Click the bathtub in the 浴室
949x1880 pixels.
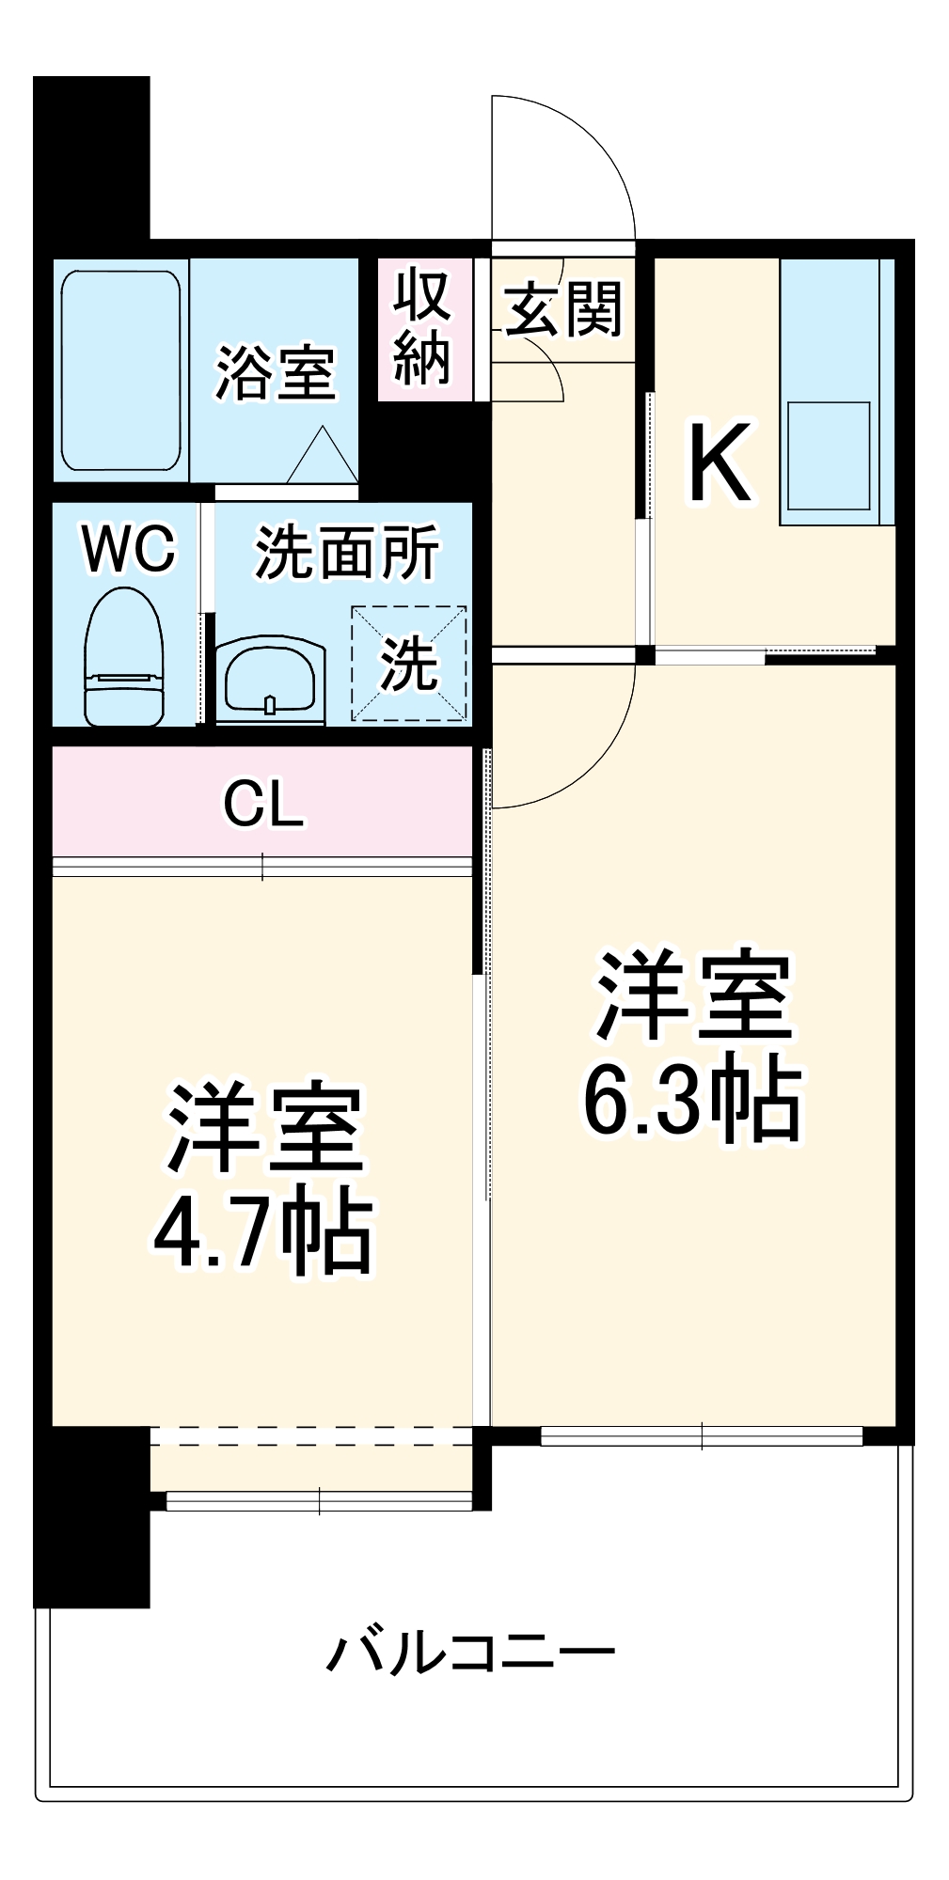[120, 371]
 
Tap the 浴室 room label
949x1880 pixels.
[275, 373]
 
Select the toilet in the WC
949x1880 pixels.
[124, 657]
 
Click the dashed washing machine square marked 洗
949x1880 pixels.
[409, 664]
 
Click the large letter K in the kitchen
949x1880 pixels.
[720, 463]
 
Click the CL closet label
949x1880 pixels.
[263, 805]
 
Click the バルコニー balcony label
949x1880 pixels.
[470, 1652]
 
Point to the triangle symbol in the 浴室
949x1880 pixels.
[323, 458]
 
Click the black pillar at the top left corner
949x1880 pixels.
[91, 160]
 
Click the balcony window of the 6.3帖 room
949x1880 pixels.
[701, 1436]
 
